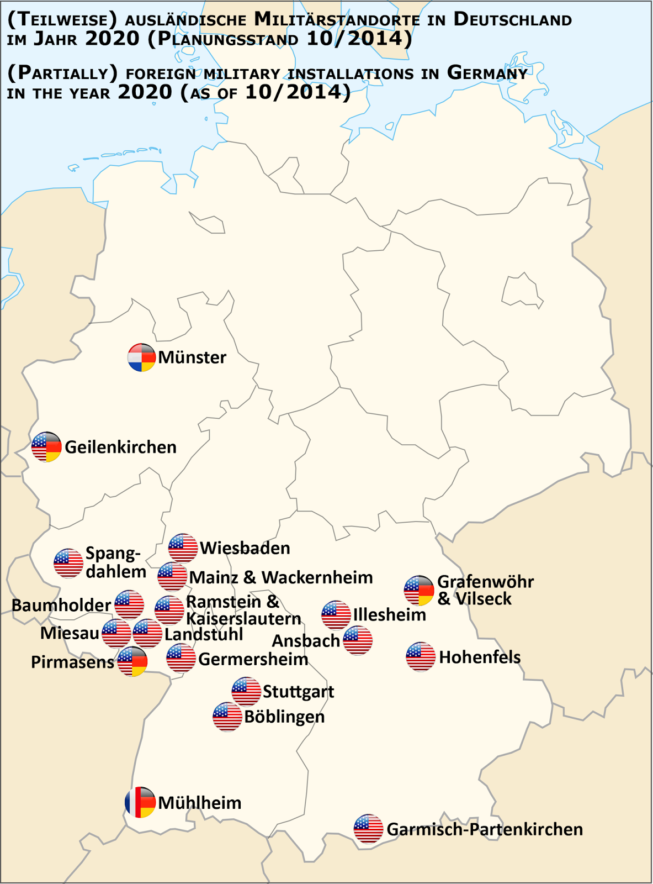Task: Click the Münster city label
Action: click(x=192, y=357)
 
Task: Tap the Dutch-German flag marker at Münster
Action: click(x=141, y=357)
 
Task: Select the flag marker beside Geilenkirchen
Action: click(x=46, y=447)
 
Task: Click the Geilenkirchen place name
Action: click(x=120, y=447)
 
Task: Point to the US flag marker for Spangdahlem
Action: click(x=68, y=563)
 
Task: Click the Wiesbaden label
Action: click(x=245, y=548)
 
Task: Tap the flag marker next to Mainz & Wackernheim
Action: click(x=172, y=577)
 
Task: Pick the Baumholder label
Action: click(x=61, y=605)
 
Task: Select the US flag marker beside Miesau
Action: click(x=116, y=633)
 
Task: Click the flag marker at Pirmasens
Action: click(x=132, y=661)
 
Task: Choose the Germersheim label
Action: click(x=253, y=659)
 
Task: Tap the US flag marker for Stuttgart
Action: click(x=246, y=691)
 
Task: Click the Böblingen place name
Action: click(x=284, y=717)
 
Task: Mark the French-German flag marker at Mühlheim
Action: click(x=140, y=802)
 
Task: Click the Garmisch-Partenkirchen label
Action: click(x=485, y=829)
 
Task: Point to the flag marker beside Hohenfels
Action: click(x=421, y=656)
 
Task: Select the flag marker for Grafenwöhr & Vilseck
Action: click(x=419, y=590)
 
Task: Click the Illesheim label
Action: click(x=389, y=614)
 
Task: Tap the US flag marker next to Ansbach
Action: click(x=358, y=640)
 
